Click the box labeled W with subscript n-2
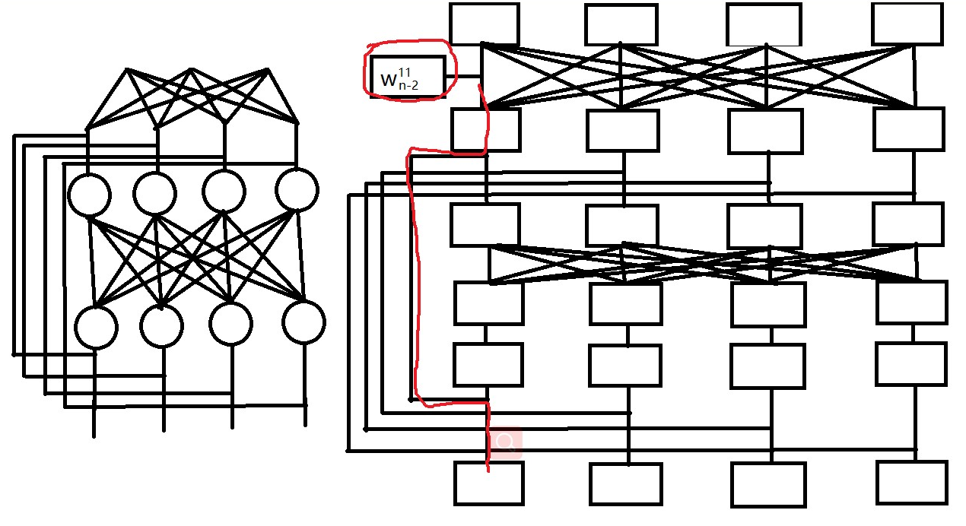pyautogui.click(x=408, y=77)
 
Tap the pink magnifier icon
pyautogui.click(x=505, y=443)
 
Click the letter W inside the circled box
pyautogui.click(x=388, y=79)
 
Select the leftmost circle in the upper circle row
pyautogui.click(x=90, y=194)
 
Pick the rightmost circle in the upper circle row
pyautogui.click(x=296, y=190)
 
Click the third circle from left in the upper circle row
pyautogui.click(x=224, y=191)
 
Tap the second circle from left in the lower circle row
pyautogui.click(x=161, y=326)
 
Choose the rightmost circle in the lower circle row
pyautogui.click(x=303, y=322)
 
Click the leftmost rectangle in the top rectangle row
pyautogui.click(x=484, y=24)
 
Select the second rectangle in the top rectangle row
pyautogui.click(x=621, y=24)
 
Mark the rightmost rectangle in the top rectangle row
pyautogui.click(x=907, y=24)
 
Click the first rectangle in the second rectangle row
pyautogui.click(x=485, y=130)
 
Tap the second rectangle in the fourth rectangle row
pyautogui.click(x=625, y=304)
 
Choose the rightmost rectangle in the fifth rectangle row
pyautogui.click(x=911, y=364)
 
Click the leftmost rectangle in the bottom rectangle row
pyautogui.click(x=489, y=483)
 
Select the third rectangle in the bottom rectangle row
pyautogui.click(x=768, y=485)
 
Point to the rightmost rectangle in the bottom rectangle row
pyautogui.click(x=911, y=482)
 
